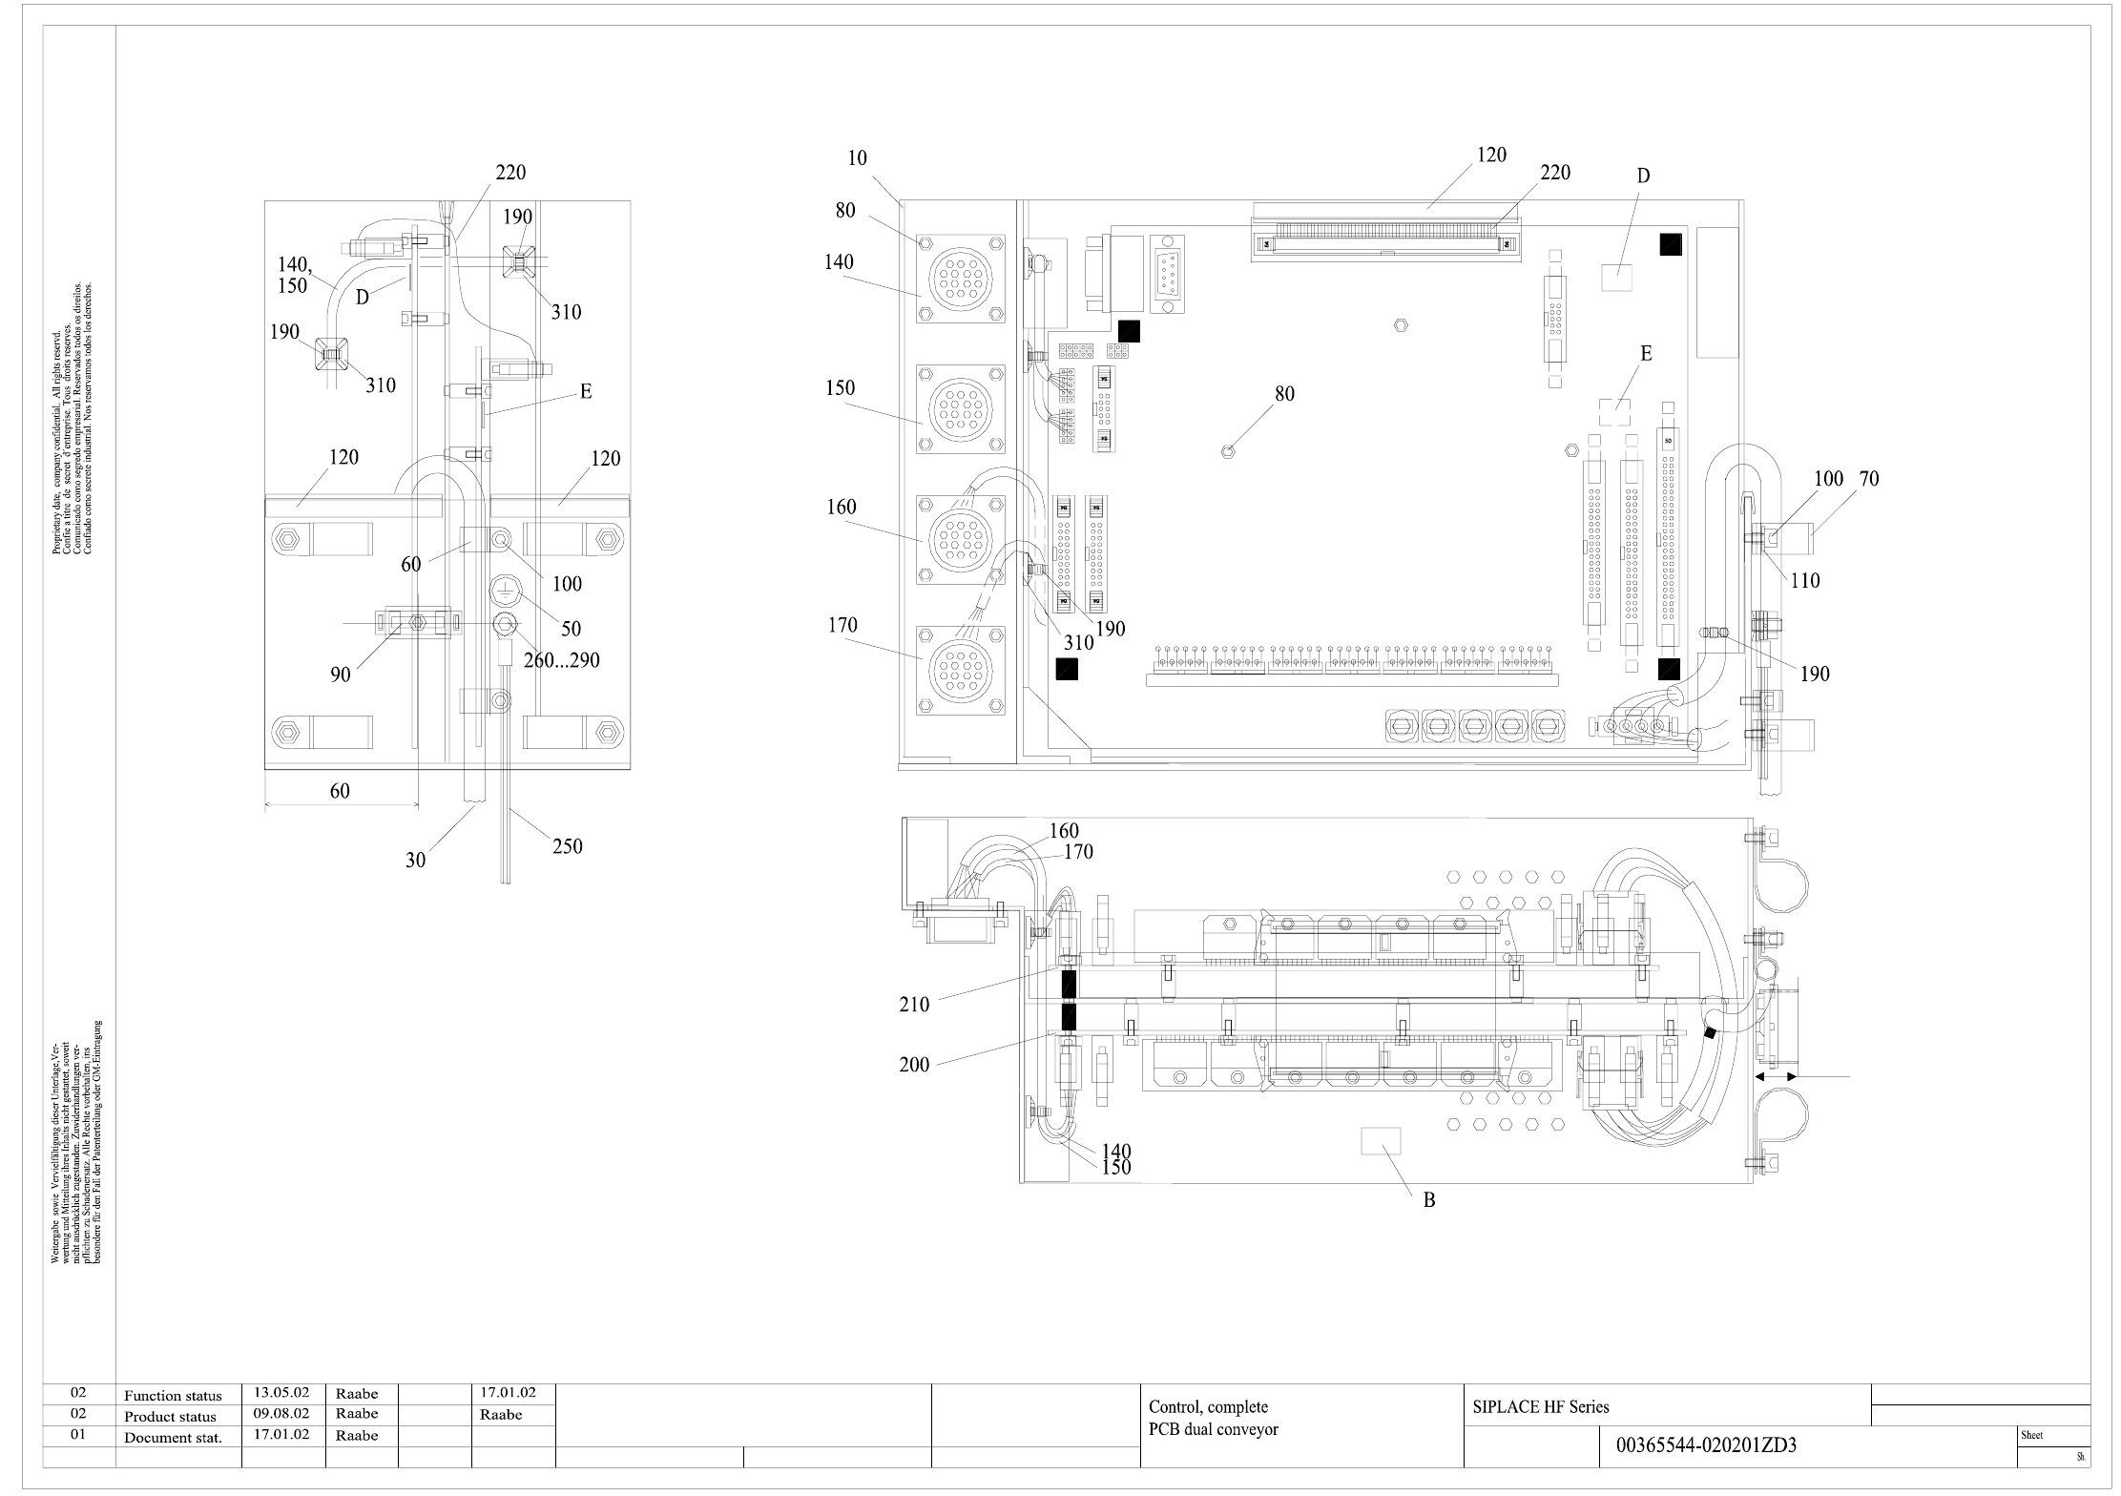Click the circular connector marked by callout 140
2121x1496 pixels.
(960, 280)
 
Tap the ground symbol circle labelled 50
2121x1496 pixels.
(503, 591)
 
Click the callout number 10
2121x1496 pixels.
(857, 158)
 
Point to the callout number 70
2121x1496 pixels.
(1868, 479)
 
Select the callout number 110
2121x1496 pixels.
(1804, 580)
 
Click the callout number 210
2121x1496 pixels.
(914, 1004)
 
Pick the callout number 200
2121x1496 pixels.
(914, 1065)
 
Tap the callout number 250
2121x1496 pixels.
(567, 846)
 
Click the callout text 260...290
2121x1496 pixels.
(561, 659)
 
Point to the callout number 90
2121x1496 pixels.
(341, 675)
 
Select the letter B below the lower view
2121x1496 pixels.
(1429, 1201)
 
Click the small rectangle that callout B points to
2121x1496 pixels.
(1380, 1141)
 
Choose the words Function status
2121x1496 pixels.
(173, 1396)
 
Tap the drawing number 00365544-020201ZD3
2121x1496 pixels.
(1706, 1445)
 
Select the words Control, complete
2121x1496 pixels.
(1208, 1407)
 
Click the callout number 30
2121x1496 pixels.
(415, 860)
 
